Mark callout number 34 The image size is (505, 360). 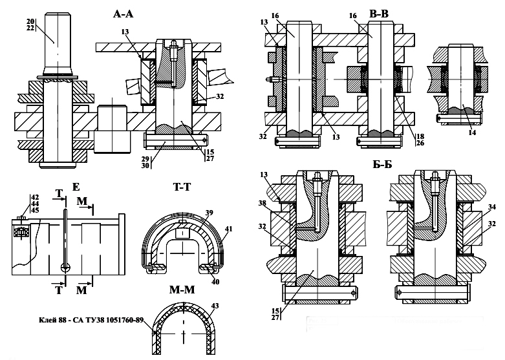(x=492, y=207)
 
